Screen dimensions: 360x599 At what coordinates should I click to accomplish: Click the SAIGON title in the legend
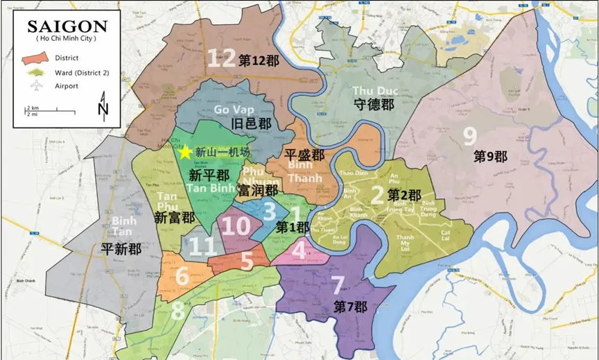[67, 27]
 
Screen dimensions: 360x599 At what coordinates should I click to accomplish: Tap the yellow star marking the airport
[186, 152]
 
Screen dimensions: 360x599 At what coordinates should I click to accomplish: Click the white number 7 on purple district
[338, 284]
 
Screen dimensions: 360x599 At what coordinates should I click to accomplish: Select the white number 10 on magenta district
[237, 225]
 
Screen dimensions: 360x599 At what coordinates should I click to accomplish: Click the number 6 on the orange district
[182, 276]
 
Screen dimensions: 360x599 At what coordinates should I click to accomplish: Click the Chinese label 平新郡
[121, 249]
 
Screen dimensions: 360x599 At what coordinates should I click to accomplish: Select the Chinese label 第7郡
[350, 305]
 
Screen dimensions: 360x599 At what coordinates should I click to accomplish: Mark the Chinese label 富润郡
[258, 189]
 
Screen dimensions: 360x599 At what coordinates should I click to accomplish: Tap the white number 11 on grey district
[202, 245]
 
